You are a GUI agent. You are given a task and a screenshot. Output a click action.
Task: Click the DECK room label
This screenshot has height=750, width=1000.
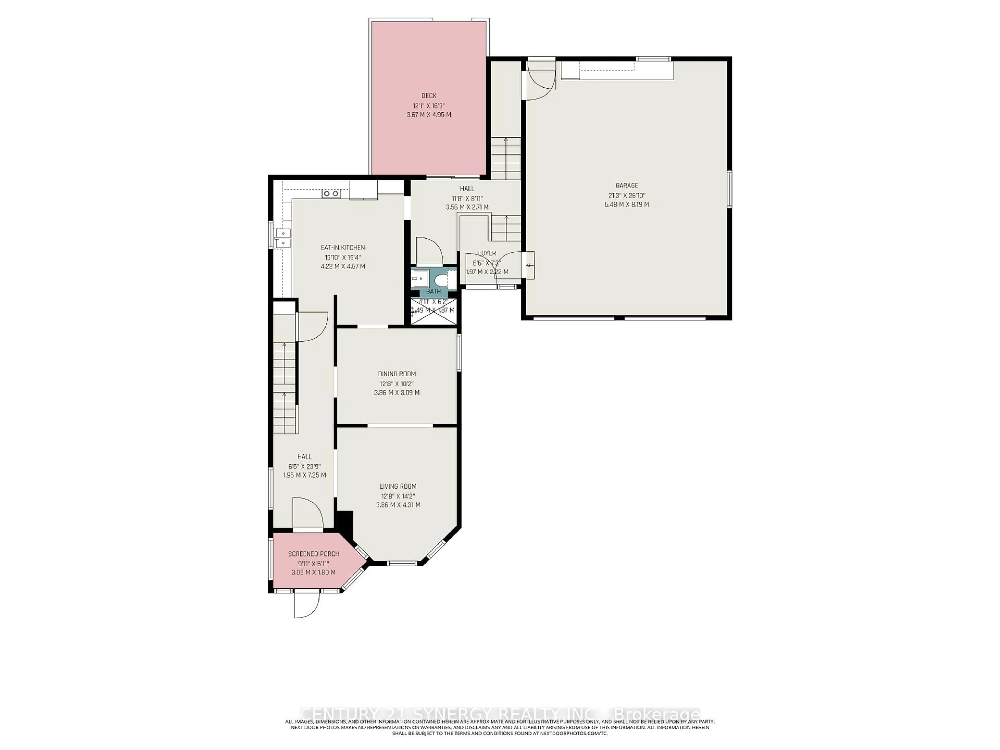[429, 96]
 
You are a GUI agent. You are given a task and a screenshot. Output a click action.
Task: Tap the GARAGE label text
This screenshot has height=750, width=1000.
[627, 185]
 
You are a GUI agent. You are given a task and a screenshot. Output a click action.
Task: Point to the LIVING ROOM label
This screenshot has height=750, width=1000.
[398, 486]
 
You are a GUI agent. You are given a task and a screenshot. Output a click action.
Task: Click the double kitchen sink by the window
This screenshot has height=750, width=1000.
[283, 238]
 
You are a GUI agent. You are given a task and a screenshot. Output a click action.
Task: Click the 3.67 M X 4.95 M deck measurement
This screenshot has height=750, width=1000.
[429, 115]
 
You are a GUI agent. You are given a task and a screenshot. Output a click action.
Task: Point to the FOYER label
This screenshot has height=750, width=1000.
[487, 253]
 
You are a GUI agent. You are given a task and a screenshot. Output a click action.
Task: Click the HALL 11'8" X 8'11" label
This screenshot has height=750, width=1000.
[467, 198]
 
